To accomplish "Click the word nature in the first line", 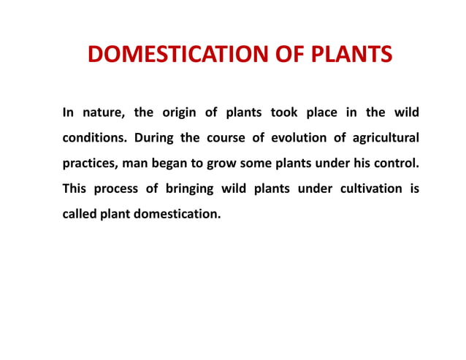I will [x=102, y=113].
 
